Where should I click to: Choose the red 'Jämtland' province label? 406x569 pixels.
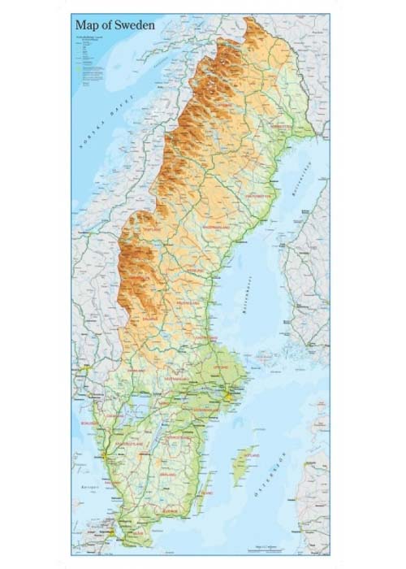[x=154, y=231]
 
